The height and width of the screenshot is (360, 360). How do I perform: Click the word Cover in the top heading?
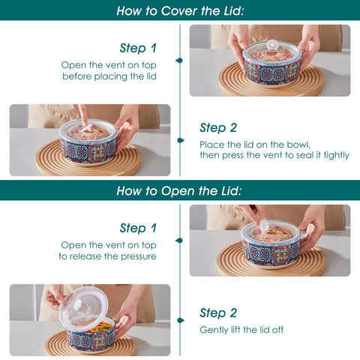point(182,11)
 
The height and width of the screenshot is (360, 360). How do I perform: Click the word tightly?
point(334,155)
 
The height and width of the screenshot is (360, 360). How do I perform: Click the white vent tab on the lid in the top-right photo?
point(273,45)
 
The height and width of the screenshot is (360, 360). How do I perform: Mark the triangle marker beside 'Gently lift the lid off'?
point(179,329)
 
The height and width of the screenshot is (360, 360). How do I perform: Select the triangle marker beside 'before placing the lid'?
point(179,60)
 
